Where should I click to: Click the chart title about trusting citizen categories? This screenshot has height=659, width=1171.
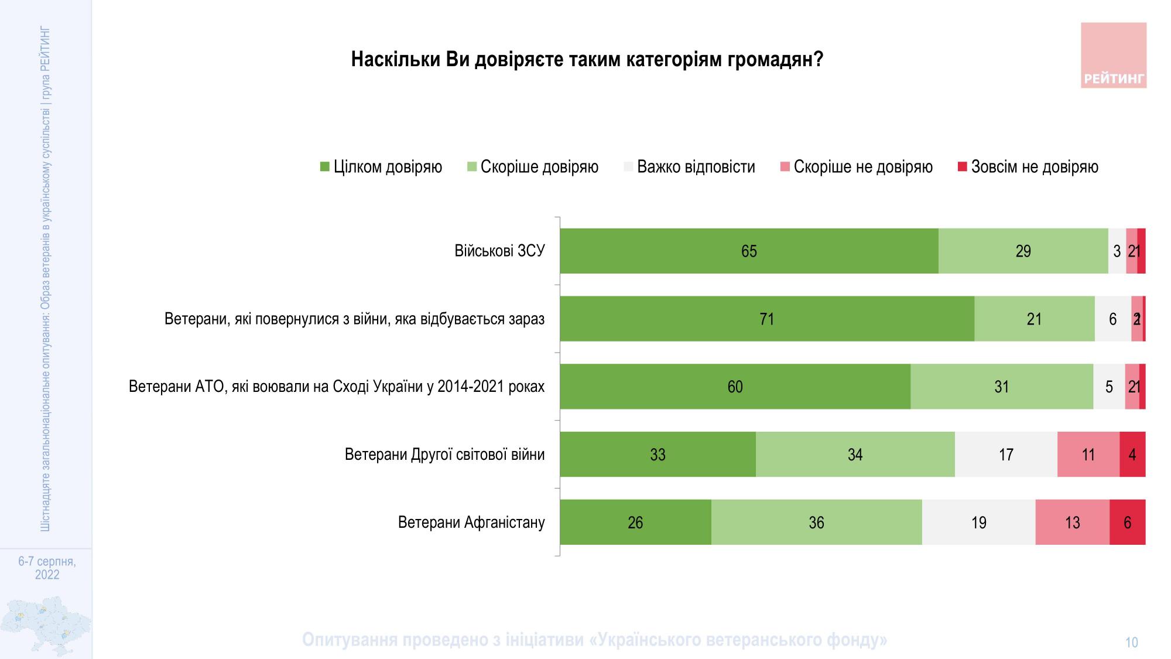587,60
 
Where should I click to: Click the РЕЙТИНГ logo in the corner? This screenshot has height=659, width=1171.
1113,56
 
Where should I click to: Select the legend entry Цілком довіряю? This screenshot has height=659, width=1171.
381,167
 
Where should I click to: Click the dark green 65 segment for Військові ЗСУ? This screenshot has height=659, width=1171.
749,251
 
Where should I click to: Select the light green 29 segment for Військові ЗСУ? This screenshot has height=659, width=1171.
1023,251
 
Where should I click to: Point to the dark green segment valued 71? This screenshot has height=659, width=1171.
766,319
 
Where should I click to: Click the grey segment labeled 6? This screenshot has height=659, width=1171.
1112,319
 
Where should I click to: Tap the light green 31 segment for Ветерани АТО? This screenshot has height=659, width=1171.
1001,387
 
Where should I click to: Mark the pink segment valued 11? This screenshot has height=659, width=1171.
1088,455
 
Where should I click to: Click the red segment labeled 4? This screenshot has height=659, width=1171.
1132,455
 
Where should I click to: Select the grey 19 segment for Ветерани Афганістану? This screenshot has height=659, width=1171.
978,523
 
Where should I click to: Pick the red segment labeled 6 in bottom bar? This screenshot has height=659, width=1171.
1127,523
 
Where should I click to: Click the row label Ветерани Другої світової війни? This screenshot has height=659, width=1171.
444,455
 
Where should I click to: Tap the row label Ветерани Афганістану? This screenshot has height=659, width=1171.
471,523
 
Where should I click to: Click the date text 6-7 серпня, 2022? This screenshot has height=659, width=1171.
47,568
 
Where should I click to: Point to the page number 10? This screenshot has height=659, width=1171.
1131,643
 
